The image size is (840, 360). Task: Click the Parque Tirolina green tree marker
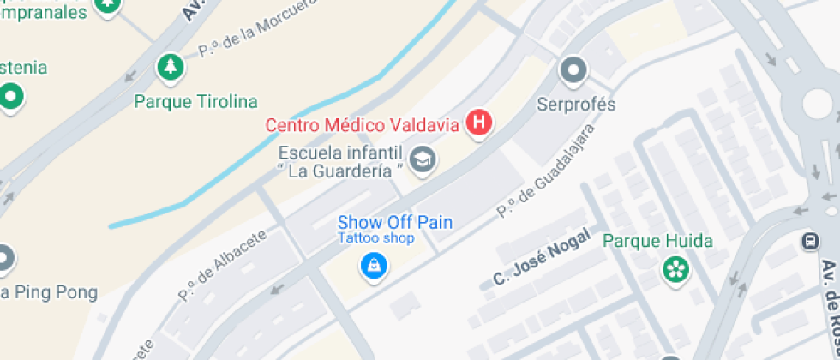[171, 67]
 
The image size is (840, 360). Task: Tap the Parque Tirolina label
[195, 102]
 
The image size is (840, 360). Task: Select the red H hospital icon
[479, 123]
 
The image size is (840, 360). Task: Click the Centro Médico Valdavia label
[363, 125]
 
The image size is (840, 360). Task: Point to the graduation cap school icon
[422, 159]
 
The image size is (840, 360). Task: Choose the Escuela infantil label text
[340, 152]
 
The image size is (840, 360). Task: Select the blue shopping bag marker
[374, 267]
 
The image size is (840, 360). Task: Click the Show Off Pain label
[394, 223]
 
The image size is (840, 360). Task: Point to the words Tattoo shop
[375, 238]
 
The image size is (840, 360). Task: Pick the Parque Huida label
[657, 241]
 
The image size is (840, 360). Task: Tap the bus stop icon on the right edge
[810, 242]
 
